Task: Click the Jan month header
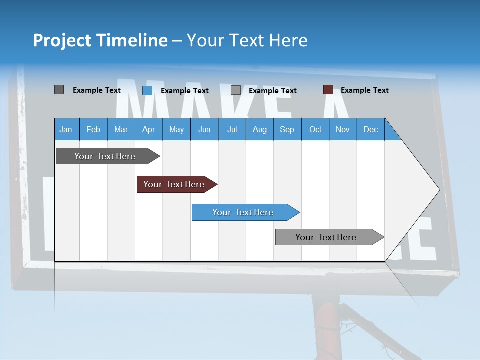[66, 129]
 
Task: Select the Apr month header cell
[149, 129]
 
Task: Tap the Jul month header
[232, 129]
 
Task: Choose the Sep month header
[287, 129]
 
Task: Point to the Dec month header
[370, 129]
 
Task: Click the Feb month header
[93, 129]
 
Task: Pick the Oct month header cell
[315, 129]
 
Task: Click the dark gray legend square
[59, 90]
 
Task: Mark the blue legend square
[147, 90]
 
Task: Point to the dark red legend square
[328, 90]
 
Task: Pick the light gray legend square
[236, 90]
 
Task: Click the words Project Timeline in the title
[100, 40]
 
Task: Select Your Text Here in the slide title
[247, 40]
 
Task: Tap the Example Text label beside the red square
[364, 90]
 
